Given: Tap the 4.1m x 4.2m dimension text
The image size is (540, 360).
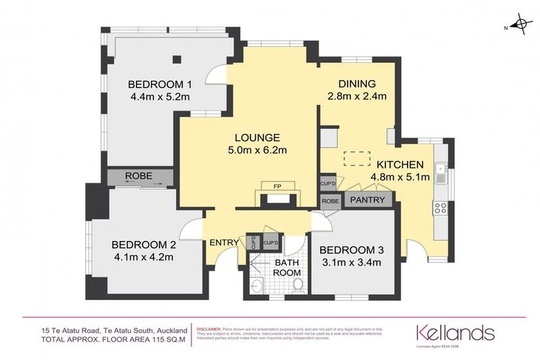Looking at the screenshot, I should click(x=143, y=257).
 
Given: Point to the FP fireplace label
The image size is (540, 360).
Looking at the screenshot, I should click(x=277, y=186).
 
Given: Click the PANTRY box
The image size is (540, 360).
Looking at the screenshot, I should click(x=367, y=200).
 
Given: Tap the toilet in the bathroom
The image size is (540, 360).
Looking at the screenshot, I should click(x=297, y=285).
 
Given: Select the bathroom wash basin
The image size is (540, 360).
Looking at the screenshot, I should click(x=257, y=285).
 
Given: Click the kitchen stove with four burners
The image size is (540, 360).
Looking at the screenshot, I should click(x=442, y=207).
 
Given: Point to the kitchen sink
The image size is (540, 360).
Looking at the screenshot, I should click(x=441, y=169).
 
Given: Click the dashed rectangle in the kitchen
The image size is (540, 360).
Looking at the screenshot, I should click(x=356, y=160).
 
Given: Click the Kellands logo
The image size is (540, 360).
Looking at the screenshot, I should click(x=456, y=333).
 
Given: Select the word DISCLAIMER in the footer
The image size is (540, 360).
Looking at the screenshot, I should click(x=210, y=328).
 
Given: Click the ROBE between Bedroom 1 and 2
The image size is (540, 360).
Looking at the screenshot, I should click(x=139, y=176).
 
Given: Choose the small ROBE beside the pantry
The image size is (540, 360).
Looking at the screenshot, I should click(x=330, y=200).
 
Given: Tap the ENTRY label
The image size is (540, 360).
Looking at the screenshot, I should click(x=224, y=243).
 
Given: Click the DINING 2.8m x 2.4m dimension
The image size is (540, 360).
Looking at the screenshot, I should click(x=357, y=96).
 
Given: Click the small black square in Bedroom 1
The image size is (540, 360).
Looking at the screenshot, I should click(x=180, y=60).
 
